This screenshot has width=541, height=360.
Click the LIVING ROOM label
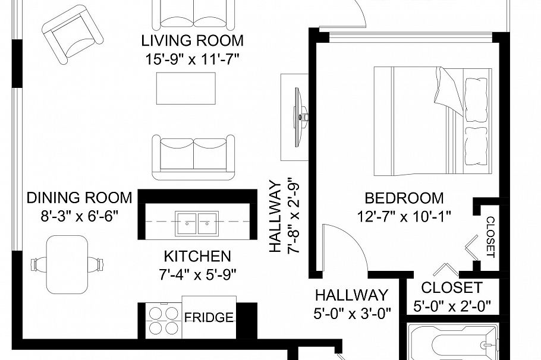point(192,41)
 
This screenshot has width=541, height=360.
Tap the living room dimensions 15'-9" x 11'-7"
point(192,59)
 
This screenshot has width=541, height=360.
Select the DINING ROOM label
point(79,198)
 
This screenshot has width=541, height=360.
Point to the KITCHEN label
point(197,257)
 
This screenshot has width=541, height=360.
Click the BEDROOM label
point(404,198)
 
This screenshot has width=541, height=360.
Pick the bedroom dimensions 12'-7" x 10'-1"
point(404,216)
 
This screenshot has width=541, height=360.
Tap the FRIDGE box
point(209,318)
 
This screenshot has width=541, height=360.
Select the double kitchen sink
point(196,222)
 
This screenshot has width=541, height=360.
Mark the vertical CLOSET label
point(490,236)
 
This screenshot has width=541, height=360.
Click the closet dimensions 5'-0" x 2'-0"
point(451,307)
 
